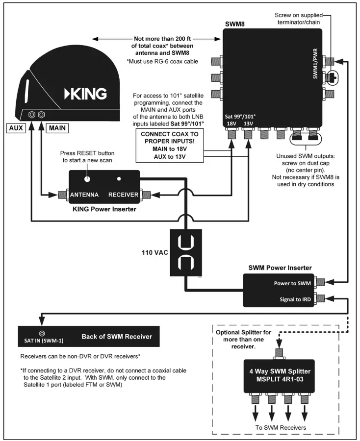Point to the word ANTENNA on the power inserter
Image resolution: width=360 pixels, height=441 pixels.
click(x=85, y=195)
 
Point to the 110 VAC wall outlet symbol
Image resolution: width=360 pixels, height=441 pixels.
click(x=186, y=253)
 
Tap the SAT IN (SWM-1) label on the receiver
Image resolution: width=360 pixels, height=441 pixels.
click(x=43, y=338)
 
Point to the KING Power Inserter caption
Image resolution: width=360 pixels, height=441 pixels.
click(x=104, y=207)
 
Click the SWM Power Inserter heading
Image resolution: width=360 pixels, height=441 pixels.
click(x=279, y=267)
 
